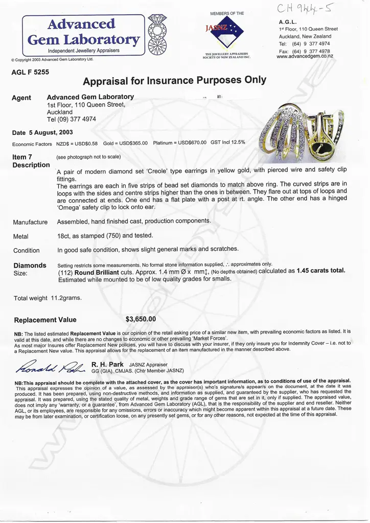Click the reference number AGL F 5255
(x=30, y=72)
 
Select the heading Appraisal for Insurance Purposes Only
(x=174, y=81)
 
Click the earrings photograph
(x=301, y=132)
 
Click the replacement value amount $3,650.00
(x=141, y=319)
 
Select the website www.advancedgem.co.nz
(x=305, y=57)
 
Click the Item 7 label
(x=22, y=157)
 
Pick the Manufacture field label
(x=30, y=222)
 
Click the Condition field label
(x=26, y=250)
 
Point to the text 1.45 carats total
(x=320, y=271)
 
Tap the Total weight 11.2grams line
(x=48, y=298)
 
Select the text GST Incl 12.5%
(x=228, y=144)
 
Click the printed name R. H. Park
(x=107, y=364)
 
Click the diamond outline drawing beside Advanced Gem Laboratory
(x=156, y=34)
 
